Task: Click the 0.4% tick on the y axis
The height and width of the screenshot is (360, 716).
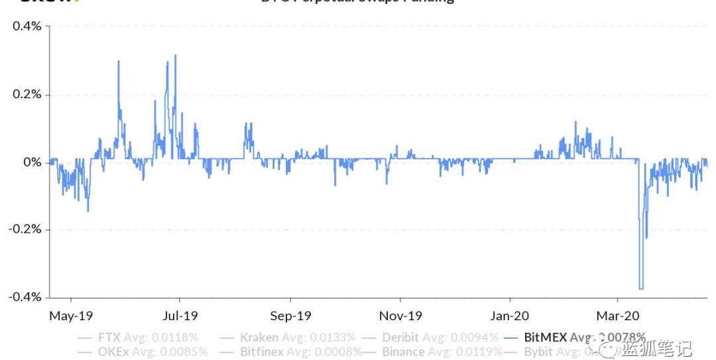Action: [x=27, y=27]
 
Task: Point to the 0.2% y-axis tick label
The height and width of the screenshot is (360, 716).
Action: [x=27, y=95]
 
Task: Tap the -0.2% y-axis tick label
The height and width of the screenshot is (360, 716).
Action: [x=25, y=229]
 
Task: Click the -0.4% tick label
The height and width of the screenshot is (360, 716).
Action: [x=25, y=297]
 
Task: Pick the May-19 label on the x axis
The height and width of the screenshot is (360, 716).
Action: [x=71, y=316]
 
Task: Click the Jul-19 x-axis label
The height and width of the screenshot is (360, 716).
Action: [x=180, y=316]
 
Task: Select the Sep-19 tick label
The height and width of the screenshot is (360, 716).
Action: [x=290, y=316]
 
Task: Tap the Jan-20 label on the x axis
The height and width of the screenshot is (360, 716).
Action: [x=510, y=316]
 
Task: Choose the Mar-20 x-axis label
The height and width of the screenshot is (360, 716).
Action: [x=618, y=316]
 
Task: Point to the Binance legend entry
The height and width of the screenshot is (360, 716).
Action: [x=405, y=352]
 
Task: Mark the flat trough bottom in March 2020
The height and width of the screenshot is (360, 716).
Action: [x=641, y=288]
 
